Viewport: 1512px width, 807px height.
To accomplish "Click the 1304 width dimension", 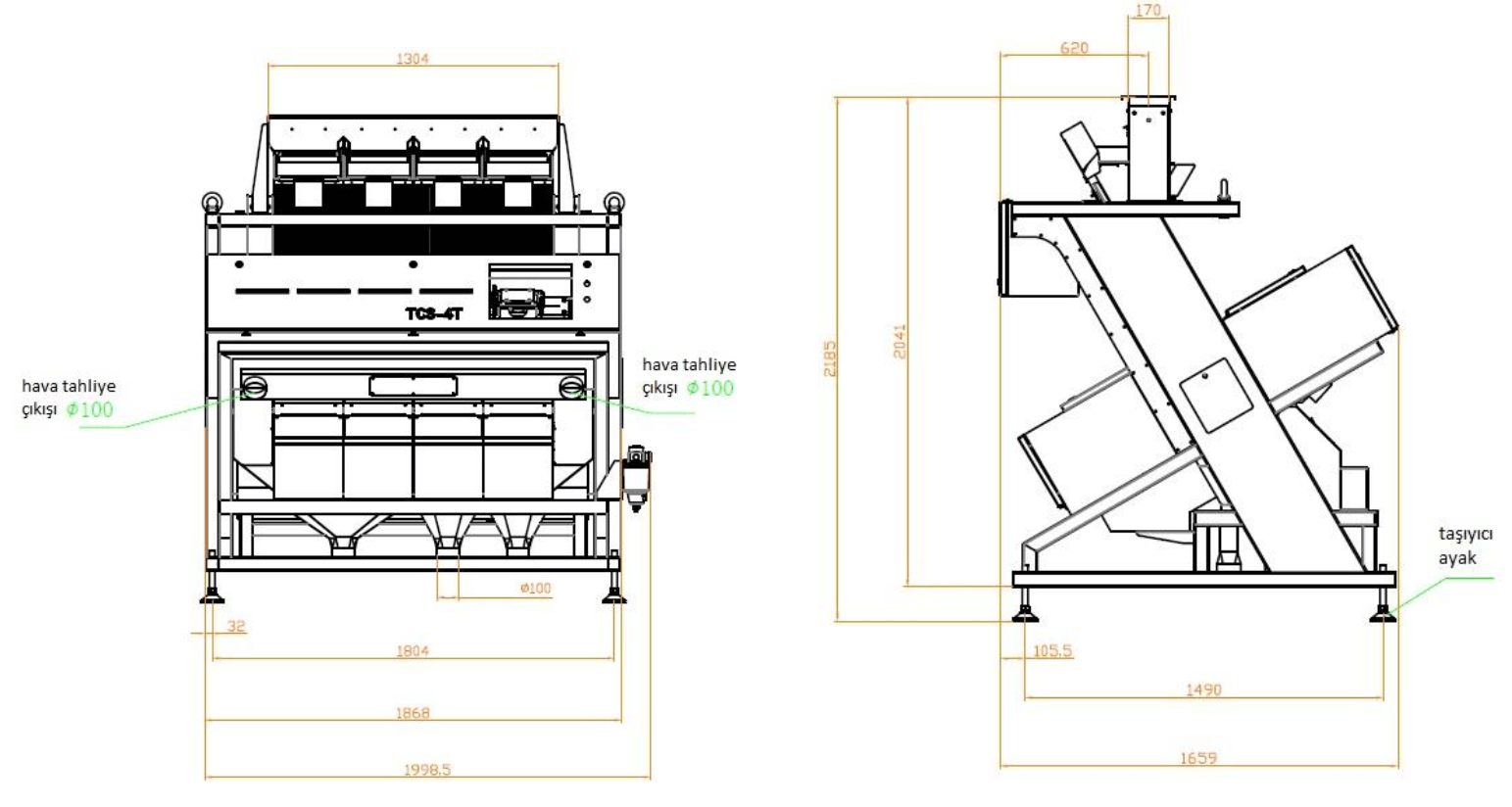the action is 412,59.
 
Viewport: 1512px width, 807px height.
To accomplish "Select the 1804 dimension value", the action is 412,651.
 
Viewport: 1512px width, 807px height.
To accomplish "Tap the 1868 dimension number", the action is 412,713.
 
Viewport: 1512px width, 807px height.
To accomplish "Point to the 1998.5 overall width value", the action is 427,769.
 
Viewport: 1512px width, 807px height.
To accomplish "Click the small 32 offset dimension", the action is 235,626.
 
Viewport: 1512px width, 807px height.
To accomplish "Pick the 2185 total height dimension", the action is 830,359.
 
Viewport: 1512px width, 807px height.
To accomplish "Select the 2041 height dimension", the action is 900,342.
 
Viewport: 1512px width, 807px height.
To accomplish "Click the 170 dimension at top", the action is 1148,10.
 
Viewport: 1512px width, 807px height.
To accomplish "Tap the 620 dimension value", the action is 1074,48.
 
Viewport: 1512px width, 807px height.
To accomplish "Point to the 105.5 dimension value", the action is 1052,651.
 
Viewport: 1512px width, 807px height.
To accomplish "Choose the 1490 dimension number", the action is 1203,689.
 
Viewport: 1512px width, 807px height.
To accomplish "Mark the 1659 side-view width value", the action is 1198,758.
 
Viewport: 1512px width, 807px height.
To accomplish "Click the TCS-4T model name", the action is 434,313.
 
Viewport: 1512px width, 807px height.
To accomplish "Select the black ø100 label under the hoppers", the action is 535,589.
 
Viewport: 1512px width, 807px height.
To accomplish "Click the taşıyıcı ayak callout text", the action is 1465,546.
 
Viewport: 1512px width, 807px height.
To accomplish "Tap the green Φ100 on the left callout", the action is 90,409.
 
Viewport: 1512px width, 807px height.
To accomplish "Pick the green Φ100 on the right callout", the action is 710,388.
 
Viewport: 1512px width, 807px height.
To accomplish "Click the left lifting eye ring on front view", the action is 212,201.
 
